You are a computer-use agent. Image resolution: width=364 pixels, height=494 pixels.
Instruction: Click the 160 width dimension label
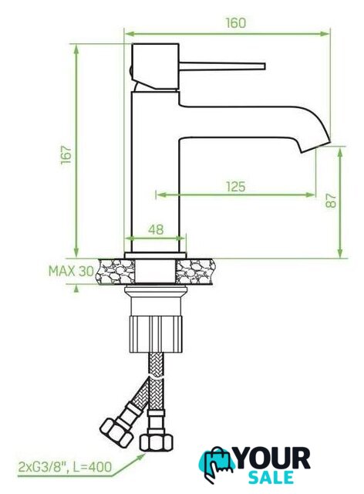tap(235, 23)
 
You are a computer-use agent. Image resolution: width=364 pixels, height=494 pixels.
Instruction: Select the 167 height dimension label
tap(66, 154)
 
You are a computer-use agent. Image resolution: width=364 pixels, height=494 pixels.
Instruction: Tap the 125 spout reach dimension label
tap(235, 187)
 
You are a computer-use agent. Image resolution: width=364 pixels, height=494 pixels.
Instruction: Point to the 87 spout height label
tap(331, 201)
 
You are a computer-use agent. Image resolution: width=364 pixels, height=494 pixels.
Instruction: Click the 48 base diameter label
tap(156, 229)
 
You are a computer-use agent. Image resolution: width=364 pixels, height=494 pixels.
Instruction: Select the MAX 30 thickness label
tap(71, 271)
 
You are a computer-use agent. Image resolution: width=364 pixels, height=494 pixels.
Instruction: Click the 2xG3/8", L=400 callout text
tap(66, 467)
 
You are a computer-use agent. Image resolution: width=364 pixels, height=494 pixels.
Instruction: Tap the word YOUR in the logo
tap(273, 459)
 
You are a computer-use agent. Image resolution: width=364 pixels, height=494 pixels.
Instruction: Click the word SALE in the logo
tap(271, 478)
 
